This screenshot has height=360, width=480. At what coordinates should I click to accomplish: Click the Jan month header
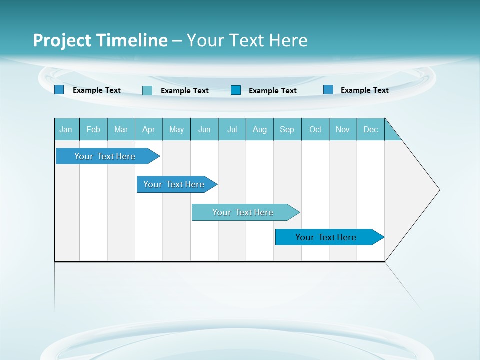66,129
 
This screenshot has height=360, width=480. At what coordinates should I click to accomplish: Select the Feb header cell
93,129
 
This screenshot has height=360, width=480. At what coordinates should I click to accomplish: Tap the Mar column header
121,129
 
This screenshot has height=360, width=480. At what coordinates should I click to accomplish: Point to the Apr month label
149,129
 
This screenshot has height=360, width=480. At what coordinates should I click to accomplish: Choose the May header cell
176,129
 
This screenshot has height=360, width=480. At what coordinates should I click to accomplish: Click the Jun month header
204,129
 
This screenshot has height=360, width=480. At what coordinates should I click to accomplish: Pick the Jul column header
232,129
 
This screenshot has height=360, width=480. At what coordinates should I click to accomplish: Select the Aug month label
260,129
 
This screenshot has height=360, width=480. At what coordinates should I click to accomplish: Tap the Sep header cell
287,129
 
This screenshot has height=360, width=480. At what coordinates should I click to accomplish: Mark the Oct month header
315,129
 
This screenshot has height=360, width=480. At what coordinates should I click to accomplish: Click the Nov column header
343,129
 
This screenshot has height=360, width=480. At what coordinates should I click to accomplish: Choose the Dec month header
371,129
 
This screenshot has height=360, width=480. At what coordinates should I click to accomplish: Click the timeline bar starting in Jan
105,156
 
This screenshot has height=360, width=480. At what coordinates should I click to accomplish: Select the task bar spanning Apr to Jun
174,184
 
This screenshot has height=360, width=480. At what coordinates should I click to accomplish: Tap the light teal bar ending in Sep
243,212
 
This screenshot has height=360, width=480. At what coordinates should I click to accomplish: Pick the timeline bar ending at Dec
326,237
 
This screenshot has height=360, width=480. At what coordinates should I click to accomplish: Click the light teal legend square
147,90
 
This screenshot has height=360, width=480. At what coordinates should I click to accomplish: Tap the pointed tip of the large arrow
438,190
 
